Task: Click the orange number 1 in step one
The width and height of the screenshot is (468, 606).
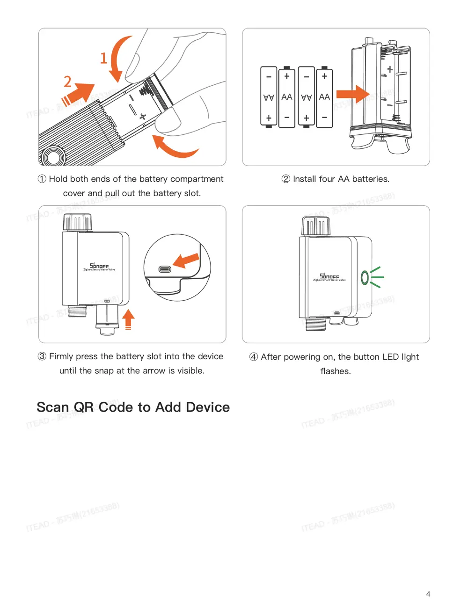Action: [104, 58]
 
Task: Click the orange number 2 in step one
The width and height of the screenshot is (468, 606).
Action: [68, 81]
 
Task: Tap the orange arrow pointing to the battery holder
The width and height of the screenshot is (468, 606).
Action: [352, 94]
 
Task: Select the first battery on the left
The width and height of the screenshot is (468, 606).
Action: [269, 97]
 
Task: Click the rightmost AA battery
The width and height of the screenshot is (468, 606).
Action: [324, 97]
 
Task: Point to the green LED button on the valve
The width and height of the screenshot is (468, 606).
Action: [365, 278]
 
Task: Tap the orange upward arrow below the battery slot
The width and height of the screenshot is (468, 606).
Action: [128, 319]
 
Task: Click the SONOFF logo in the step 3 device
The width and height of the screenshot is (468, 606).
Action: [99, 266]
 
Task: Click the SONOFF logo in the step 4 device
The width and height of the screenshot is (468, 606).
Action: [329, 276]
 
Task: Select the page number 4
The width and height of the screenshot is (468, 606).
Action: [428, 594]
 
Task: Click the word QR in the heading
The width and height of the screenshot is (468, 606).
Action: [84, 407]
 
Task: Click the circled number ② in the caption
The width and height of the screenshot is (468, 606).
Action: [286, 179]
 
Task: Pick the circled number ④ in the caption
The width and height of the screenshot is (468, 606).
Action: [254, 357]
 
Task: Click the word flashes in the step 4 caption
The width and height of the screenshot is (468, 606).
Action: [336, 371]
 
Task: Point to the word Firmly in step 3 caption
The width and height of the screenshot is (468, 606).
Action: [61, 356]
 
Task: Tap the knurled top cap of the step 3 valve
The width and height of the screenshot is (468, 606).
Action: [77, 222]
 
